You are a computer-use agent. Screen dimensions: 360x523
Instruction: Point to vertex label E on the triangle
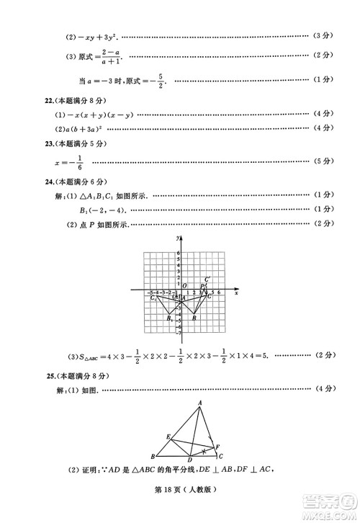(168, 437)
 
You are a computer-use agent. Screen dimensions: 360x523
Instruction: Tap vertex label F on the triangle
(217, 447)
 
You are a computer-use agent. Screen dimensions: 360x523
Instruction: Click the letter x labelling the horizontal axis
(236, 291)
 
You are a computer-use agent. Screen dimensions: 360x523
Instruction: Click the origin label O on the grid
(184, 285)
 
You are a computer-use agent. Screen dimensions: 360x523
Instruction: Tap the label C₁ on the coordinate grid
(153, 298)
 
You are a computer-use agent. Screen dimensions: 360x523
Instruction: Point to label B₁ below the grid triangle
(168, 318)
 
